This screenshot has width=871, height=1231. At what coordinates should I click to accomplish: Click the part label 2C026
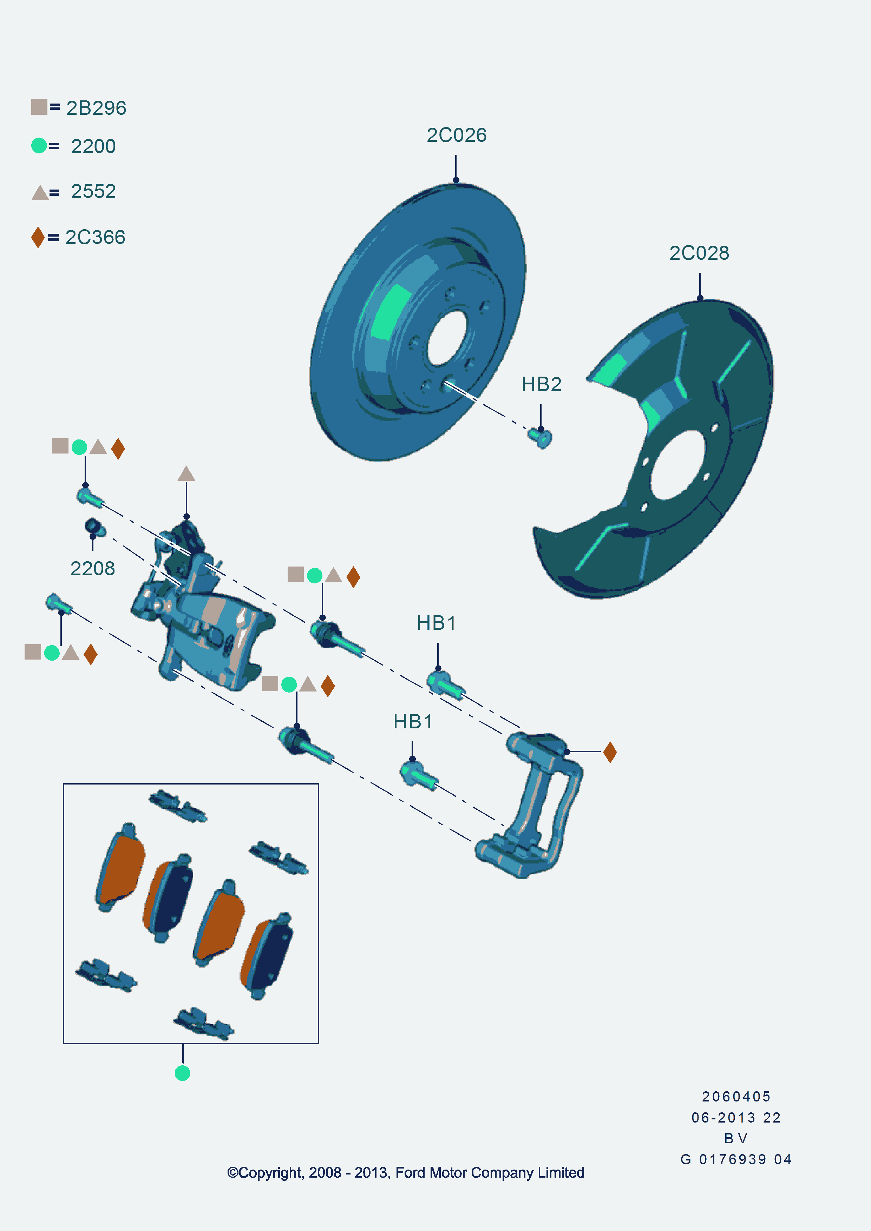click(457, 135)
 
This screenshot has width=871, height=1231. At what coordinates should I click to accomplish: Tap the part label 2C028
click(699, 253)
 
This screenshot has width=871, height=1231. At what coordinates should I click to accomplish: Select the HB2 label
click(541, 384)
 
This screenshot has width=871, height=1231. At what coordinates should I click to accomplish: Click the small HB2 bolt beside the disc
click(541, 437)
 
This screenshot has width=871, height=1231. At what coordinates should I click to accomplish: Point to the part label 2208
click(92, 568)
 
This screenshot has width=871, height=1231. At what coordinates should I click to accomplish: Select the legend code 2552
click(93, 191)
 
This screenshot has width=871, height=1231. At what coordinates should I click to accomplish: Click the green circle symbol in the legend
click(39, 145)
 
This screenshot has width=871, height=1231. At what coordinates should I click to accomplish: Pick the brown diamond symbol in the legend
click(38, 237)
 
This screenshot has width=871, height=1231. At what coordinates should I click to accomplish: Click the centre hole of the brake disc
click(447, 338)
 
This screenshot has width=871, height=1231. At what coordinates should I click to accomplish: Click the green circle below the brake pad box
click(182, 1073)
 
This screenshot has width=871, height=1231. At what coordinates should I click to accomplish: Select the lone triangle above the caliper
click(186, 474)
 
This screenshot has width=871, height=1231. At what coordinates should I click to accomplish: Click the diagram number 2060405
click(736, 1097)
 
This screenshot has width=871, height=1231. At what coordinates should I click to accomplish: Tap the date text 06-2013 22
click(736, 1118)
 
